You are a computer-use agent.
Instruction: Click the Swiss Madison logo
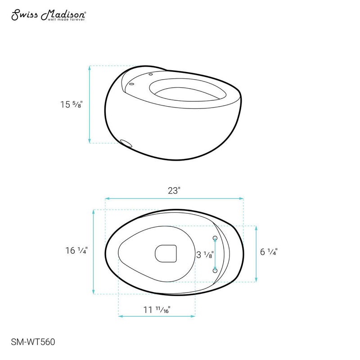(49, 15)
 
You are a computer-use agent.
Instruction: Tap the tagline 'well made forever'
(66, 20)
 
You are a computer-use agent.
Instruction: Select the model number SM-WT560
(33, 342)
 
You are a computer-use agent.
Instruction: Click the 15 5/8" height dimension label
(72, 104)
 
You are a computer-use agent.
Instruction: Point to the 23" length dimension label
(174, 190)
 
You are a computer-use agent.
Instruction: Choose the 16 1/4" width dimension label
(76, 250)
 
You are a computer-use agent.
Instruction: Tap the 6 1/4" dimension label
(269, 252)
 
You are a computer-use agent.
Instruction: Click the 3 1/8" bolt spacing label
(205, 255)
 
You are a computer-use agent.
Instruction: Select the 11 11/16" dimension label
(157, 310)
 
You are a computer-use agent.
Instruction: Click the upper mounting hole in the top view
(215, 238)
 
